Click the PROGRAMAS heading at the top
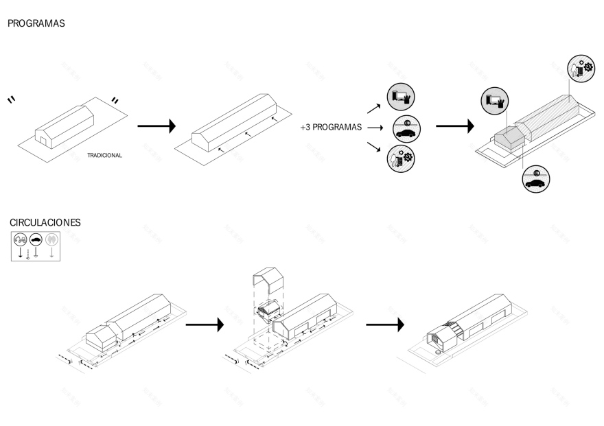click(x=36, y=23)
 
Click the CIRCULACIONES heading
click(x=45, y=223)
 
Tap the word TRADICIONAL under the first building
click(x=104, y=156)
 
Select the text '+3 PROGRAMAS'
click(x=331, y=128)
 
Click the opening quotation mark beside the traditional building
click(x=12, y=100)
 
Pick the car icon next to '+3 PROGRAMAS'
click(x=406, y=128)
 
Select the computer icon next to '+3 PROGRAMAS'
click(x=402, y=97)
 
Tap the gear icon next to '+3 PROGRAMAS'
click(x=401, y=158)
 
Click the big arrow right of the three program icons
click(x=455, y=126)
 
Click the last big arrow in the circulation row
click(x=384, y=324)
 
